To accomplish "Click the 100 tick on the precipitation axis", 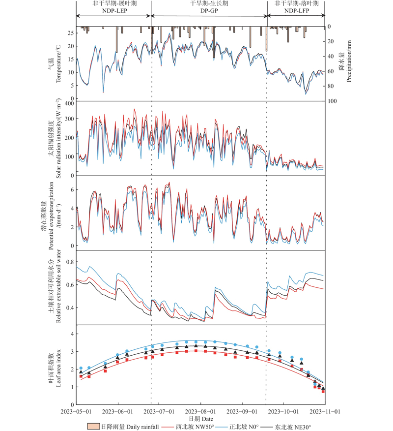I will click(332, 101).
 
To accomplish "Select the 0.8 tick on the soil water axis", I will click(70, 262).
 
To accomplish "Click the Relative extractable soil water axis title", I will click(59, 287).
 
